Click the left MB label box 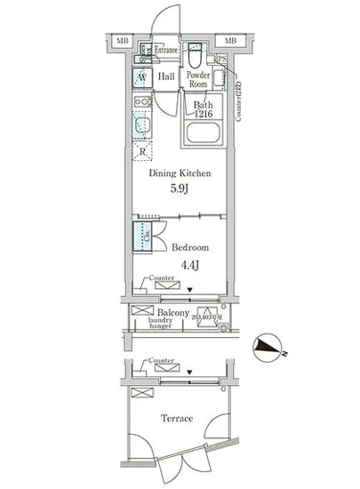coord(121,40)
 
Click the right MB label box coord(230,40)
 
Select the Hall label coord(166,76)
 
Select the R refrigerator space coord(142,152)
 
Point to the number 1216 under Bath coord(203,115)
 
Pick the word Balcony coord(172,313)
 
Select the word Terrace coord(177,417)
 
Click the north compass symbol coord(267,349)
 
